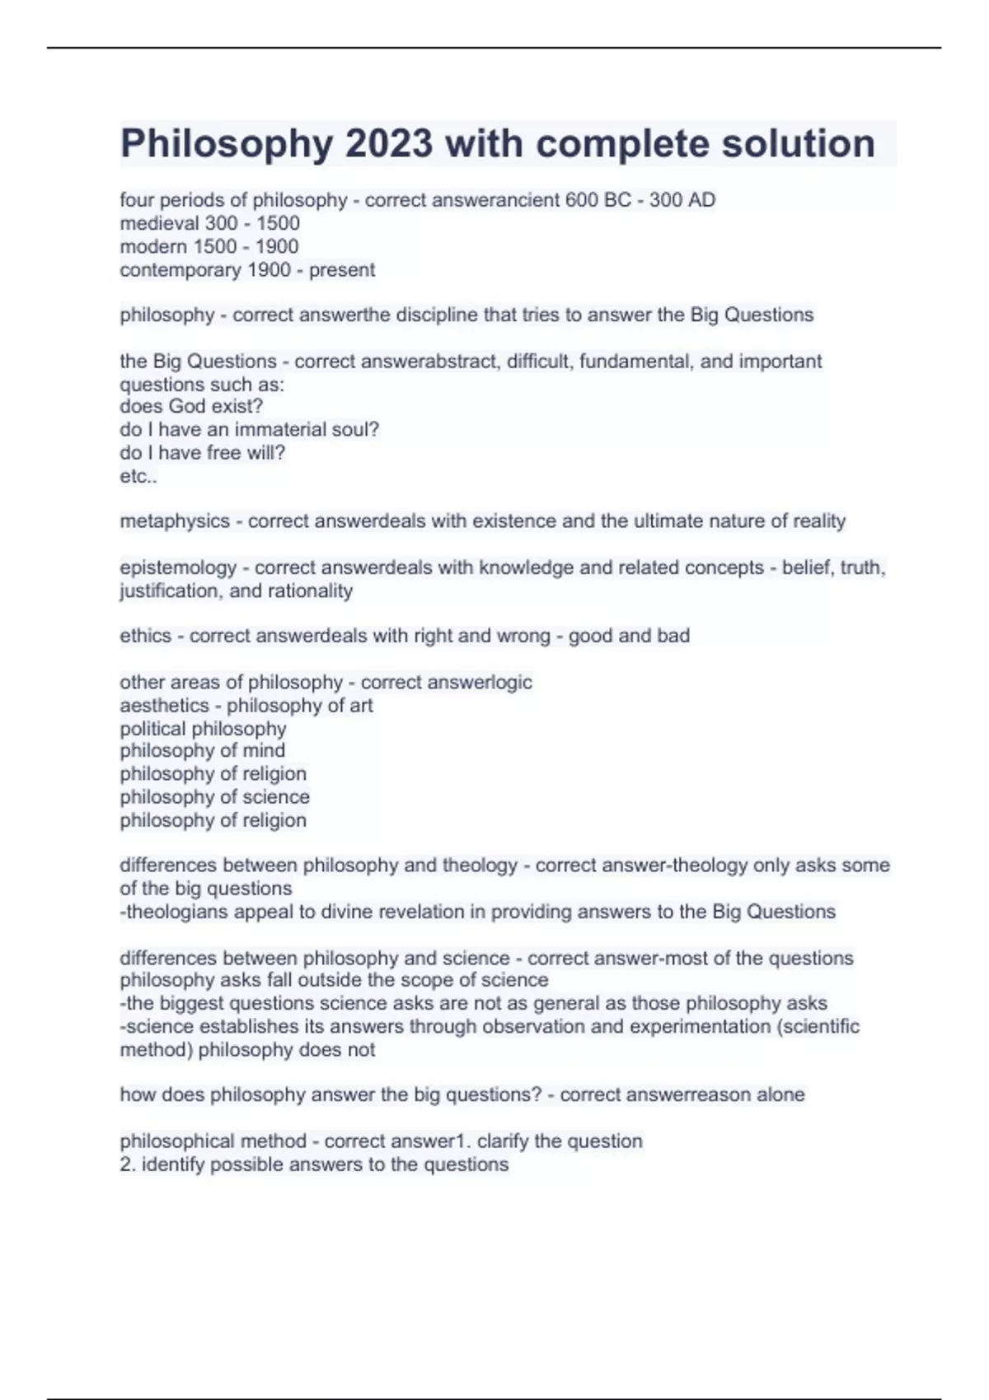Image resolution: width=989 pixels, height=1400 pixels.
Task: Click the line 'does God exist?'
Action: [191, 407]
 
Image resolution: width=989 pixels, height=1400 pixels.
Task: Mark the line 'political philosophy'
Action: [203, 729]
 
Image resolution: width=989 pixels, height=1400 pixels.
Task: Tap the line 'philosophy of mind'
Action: [202, 751]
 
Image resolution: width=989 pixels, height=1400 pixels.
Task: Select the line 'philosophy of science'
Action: [214, 797]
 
